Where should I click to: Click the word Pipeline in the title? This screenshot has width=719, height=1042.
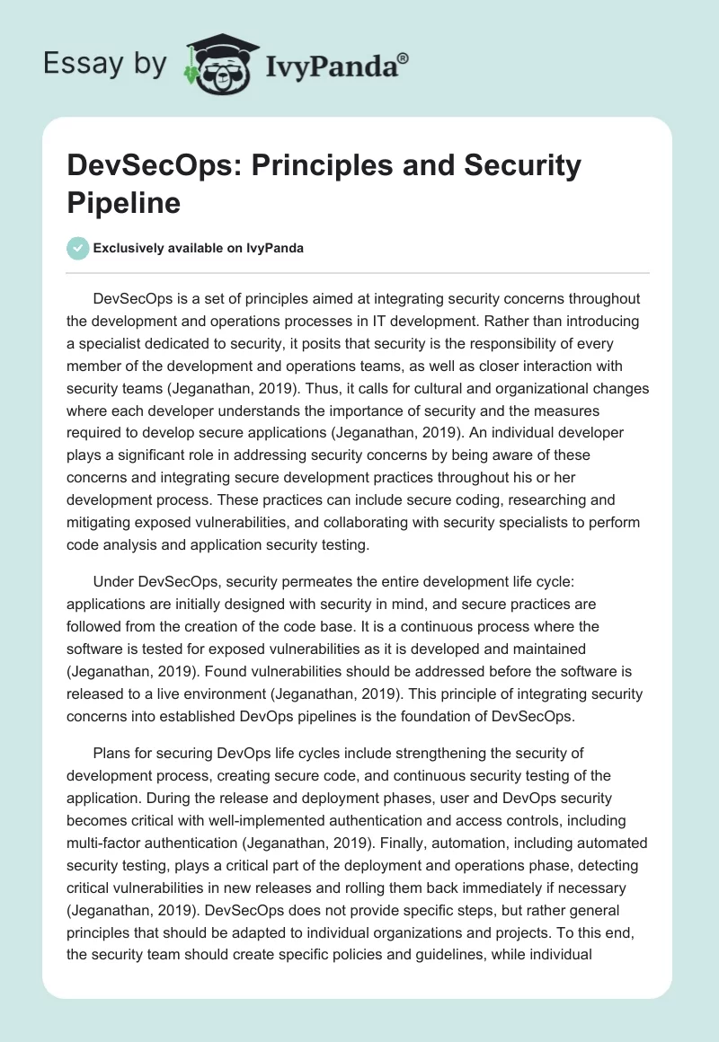point(124,202)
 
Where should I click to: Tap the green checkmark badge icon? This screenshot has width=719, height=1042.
point(79,248)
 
